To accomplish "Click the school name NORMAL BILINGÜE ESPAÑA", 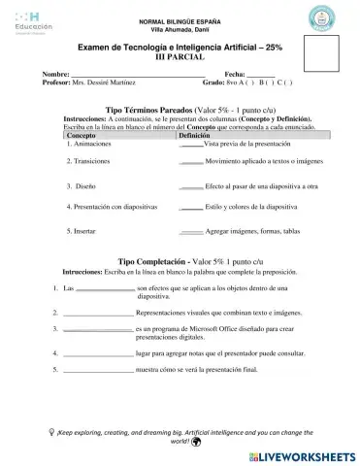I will point(180,21).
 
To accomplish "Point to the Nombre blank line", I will point(137,74).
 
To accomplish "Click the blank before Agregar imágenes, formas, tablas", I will point(191,233).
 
